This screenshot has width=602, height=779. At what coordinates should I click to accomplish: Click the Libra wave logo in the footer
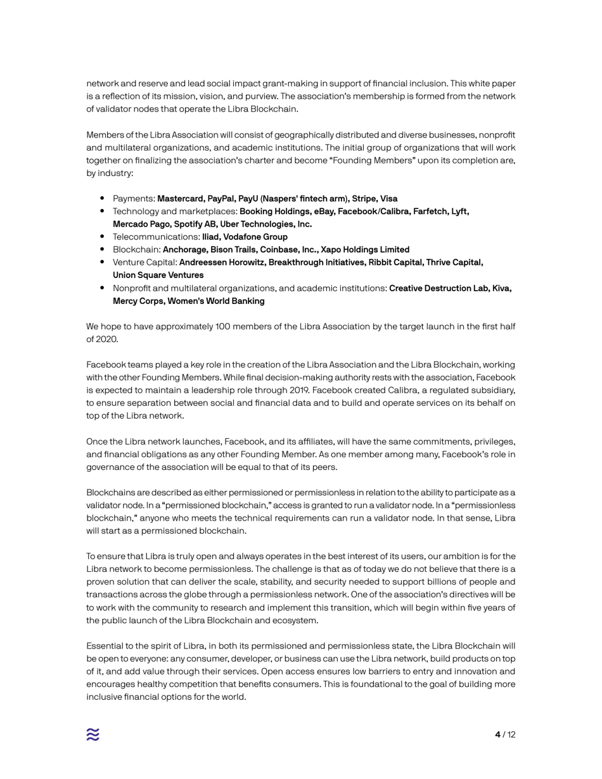tap(93, 734)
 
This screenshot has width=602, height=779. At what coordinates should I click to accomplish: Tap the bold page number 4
tap(497, 735)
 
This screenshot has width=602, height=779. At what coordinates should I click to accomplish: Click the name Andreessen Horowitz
tap(225, 262)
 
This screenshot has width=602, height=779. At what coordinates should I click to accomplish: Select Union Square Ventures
tap(158, 275)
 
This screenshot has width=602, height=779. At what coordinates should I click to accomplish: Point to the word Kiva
tap(500, 288)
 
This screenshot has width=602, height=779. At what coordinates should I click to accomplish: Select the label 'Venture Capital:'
tap(144, 262)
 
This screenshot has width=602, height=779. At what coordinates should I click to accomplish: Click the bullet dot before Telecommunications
tap(102, 237)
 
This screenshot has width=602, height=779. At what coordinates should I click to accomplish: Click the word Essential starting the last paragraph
tap(106, 646)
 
